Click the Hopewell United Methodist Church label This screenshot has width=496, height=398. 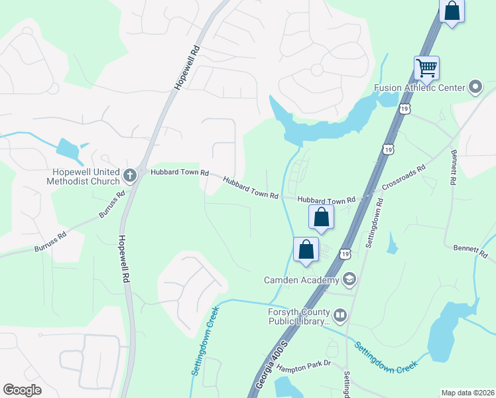click(x=83, y=176)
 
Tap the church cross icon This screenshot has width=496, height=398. click(x=130, y=176)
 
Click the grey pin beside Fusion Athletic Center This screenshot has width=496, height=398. click(x=475, y=87)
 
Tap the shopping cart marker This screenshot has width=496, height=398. click(x=426, y=68)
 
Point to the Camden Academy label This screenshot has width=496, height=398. click(x=301, y=281)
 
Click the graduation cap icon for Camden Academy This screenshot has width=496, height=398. click(x=350, y=280)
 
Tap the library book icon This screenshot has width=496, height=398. click(x=340, y=316)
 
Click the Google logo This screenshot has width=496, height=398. click(x=23, y=390)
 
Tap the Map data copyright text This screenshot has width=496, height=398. click(x=467, y=393)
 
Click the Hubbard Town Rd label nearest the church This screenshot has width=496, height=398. click(x=180, y=172)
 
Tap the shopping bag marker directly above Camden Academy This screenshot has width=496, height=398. click(x=306, y=251)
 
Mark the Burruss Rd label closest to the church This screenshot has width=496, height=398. click(x=111, y=206)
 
